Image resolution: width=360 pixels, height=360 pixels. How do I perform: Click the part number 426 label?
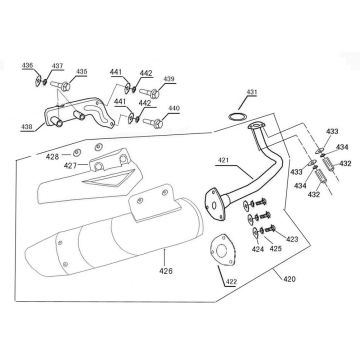(x=166, y=271)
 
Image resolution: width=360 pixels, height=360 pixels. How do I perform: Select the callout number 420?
(x=289, y=279)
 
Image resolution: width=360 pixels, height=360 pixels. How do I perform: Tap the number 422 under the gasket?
(x=231, y=282)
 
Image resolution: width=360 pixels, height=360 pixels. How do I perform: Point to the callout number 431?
(x=252, y=92)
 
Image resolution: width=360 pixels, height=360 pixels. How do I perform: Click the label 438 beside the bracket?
(x=27, y=127)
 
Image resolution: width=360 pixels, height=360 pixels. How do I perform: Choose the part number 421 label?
(x=224, y=161)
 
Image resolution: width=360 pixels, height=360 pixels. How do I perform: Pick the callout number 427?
(x=70, y=166)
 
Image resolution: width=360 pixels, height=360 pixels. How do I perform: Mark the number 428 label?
(x=52, y=157)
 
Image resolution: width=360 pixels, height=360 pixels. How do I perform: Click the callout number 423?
(x=292, y=239)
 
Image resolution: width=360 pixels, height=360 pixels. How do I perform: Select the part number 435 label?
(x=81, y=72)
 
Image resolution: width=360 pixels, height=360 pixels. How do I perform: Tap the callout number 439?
(x=169, y=79)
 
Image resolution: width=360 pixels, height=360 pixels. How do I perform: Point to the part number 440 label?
(x=174, y=108)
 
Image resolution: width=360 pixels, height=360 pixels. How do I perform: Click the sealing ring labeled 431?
(x=237, y=117)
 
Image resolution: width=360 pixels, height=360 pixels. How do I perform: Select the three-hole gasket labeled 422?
(x=224, y=250)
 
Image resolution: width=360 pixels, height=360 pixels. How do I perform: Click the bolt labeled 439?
(x=149, y=93)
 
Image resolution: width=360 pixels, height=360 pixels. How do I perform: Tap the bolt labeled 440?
(x=153, y=123)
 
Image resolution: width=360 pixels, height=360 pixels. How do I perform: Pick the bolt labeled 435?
(x=60, y=86)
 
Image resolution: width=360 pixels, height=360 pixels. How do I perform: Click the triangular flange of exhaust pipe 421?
(x=214, y=204)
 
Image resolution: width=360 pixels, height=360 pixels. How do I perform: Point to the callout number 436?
(x=27, y=66)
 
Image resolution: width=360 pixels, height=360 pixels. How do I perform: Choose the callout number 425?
(x=276, y=248)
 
